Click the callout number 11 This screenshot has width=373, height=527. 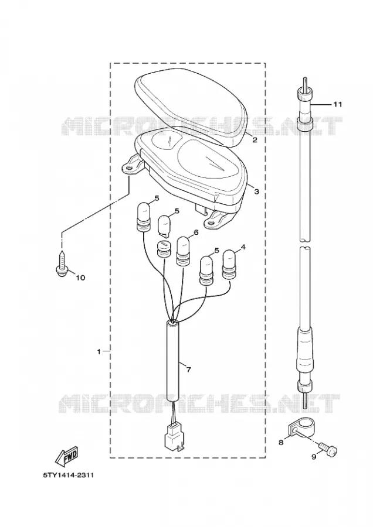337,105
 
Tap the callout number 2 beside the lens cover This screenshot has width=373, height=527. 255,140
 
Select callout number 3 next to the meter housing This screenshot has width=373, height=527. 256,191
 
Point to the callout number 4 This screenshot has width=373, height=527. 243,247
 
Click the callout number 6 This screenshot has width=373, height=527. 196,232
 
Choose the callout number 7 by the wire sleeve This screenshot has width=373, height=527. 188,369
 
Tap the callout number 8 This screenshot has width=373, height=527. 281,443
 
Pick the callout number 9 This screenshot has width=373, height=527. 314,457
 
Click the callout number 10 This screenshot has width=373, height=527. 80,278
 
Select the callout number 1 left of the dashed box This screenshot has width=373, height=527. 99,351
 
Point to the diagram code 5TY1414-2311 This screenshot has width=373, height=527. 68,475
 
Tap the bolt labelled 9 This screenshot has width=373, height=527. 328,449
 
